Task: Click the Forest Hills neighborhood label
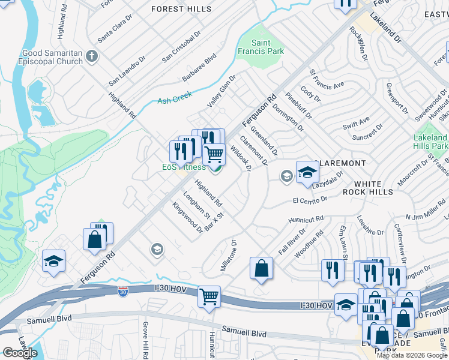point(181,9)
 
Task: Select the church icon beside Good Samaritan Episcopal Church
point(91,57)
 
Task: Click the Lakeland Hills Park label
point(430,142)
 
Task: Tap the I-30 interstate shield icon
point(122,292)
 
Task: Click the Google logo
point(20,353)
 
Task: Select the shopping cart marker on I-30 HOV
point(209,296)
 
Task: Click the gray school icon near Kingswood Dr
point(157,249)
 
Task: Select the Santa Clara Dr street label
point(114,32)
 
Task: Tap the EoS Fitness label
point(184,167)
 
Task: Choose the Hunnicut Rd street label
point(306,220)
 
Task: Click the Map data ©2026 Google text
point(412,355)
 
